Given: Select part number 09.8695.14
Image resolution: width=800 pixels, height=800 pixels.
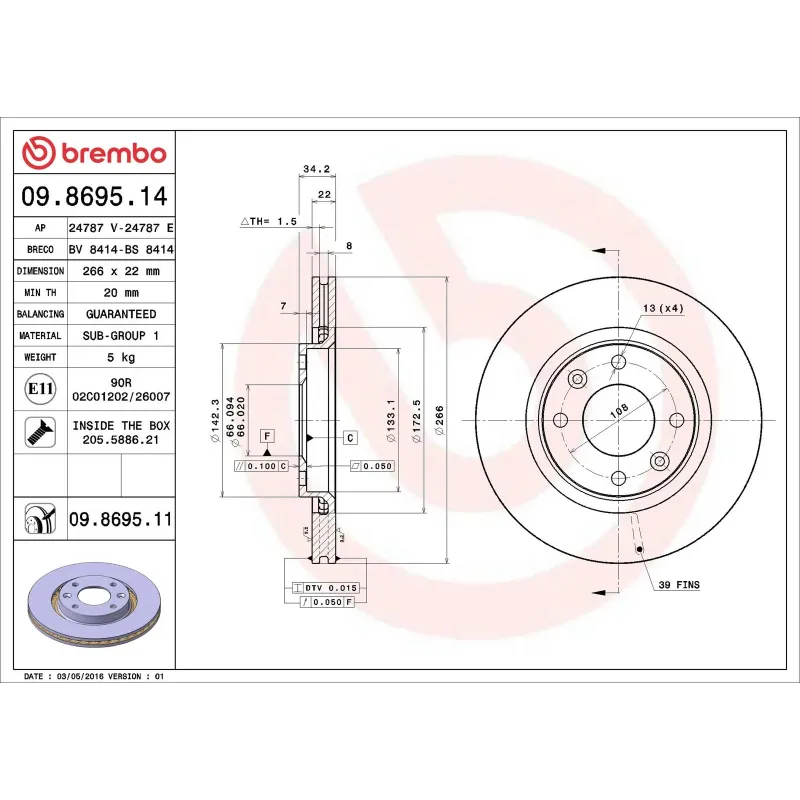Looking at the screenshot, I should (95, 197).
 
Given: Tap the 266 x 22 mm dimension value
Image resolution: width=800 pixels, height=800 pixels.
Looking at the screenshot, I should (121, 271).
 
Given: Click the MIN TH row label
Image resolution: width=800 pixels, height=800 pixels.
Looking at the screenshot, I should (40, 292).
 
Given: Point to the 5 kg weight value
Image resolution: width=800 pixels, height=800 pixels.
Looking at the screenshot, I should (121, 357).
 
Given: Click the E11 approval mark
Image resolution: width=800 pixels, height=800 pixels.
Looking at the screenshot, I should (41, 388).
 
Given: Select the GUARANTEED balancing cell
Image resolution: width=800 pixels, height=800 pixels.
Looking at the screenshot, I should (121, 314).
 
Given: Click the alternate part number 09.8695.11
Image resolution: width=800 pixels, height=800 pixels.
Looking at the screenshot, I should (121, 519).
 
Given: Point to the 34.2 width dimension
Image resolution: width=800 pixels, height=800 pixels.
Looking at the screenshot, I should (316, 169).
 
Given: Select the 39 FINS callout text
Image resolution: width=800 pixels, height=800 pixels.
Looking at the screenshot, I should (679, 583).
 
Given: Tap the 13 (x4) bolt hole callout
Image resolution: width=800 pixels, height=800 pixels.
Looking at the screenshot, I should (663, 308).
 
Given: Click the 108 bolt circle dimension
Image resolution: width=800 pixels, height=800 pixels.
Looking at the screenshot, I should (619, 409).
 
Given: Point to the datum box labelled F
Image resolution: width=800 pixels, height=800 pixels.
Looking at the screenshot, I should (267, 436).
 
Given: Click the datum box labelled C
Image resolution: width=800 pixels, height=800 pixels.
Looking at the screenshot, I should (351, 438).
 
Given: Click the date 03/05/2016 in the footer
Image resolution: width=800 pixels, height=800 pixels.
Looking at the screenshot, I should (82, 677).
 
